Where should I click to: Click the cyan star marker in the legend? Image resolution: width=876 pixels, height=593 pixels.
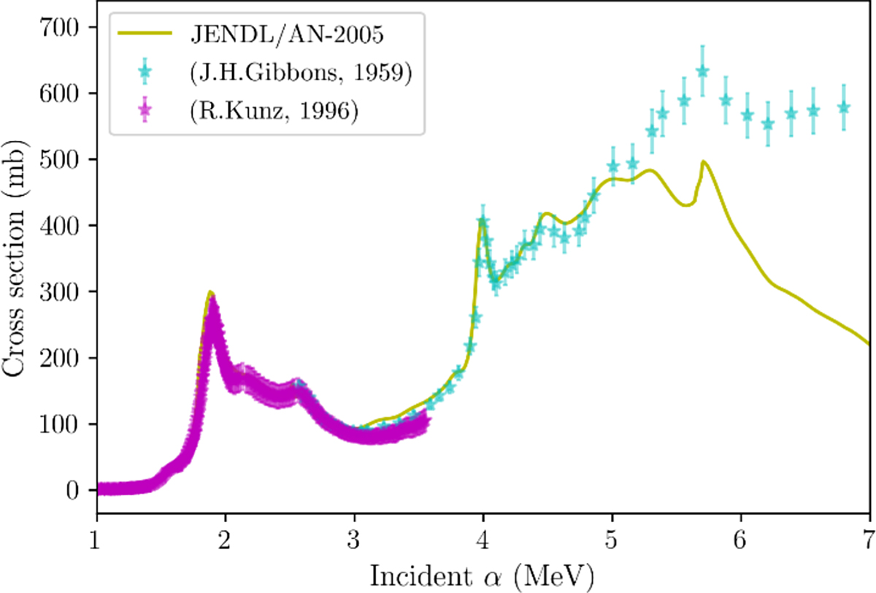pyautogui.click(x=145, y=73)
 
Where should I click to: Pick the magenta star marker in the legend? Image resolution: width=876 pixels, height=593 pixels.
pyautogui.click(x=145, y=113)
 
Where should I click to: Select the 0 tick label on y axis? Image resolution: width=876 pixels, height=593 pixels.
pyautogui.click(x=80, y=490)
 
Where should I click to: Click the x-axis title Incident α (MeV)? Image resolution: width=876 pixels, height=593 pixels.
pyautogui.click(x=482, y=575)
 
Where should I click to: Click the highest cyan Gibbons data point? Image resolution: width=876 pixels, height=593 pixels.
pyautogui.click(x=702, y=71)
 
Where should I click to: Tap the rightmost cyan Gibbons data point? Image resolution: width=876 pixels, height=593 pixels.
pyautogui.click(x=844, y=107)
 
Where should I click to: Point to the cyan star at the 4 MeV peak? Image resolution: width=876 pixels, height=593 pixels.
pyautogui.click(x=483, y=221)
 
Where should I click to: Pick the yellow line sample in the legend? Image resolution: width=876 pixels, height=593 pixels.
pyautogui.click(x=145, y=34)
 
